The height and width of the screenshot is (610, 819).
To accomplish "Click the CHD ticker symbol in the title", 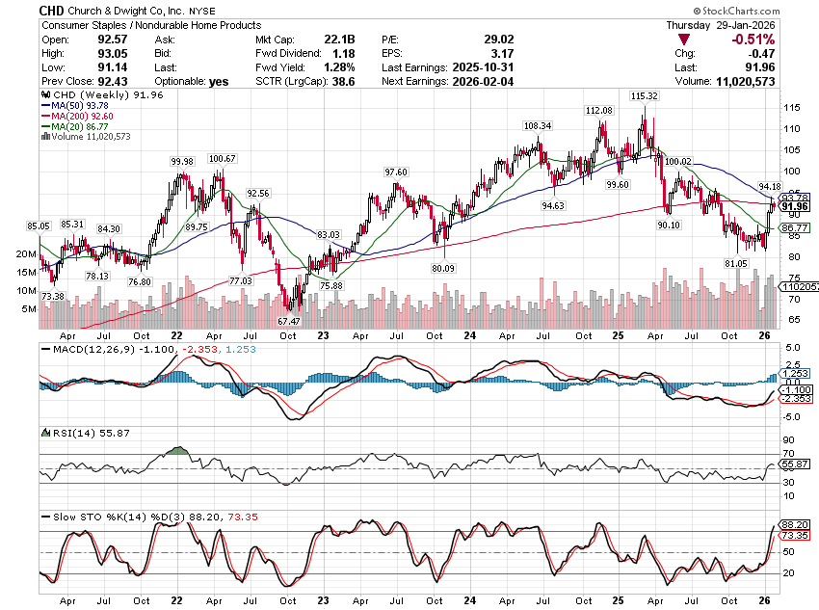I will [x=53, y=9].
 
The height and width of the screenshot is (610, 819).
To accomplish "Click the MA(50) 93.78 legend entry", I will [x=76, y=106].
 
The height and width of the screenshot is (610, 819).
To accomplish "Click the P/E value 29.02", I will [x=497, y=39].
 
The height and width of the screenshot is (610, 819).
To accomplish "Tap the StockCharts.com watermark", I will [x=771, y=9].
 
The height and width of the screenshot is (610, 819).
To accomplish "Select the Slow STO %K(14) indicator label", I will [x=92, y=517].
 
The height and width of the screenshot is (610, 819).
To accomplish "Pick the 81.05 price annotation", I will [x=736, y=263].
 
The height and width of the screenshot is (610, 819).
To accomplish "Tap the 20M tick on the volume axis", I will [x=26, y=253].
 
